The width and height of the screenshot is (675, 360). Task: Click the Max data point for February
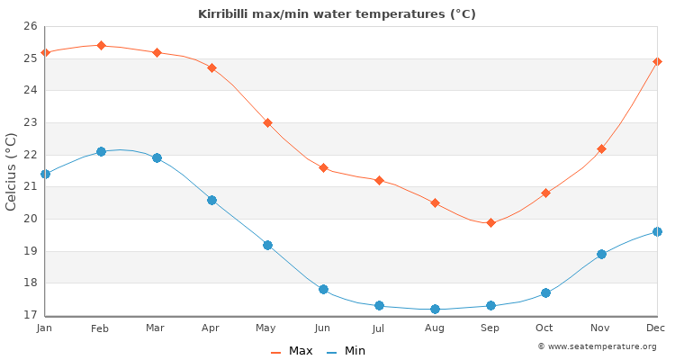(x=101, y=45)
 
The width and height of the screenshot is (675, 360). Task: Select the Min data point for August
(x=435, y=309)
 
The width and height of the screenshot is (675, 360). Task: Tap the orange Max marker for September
(x=490, y=222)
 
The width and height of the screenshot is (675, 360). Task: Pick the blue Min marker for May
(x=267, y=245)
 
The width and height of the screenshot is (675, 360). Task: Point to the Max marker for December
(x=657, y=61)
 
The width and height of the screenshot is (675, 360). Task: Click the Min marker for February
(x=101, y=151)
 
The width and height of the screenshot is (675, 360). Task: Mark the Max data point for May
(x=267, y=122)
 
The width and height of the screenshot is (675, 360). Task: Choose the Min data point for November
(x=601, y=254)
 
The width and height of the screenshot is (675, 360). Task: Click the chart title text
(x=337, y=14)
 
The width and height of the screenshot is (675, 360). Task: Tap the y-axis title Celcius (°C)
(x=12, y=171)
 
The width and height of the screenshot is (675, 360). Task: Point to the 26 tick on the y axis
(x=29, y=26)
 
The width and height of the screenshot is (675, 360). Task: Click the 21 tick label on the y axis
(x=29, y=186)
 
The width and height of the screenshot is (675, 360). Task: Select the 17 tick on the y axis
(x=29, y=315)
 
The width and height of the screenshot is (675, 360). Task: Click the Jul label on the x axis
(x=379, y=329)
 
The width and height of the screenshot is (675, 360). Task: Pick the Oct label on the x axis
(x=545, y=329)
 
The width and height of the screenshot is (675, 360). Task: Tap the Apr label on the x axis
(x=211, y=329)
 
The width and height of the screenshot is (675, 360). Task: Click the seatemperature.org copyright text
(x=597, y=346)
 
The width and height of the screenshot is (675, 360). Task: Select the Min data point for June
(x=323, y=289)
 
